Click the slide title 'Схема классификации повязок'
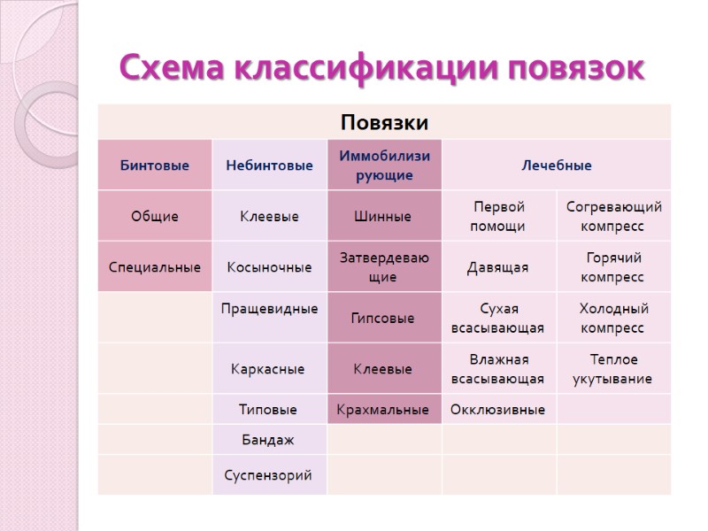(382, 67)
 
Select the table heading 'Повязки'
(384, 121)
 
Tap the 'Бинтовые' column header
(155, 165)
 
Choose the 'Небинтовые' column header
(269, 165)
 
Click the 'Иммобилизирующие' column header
(384, 165)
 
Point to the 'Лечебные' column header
(556, 165)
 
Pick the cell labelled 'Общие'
(155, 216)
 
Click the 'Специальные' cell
(155, 266)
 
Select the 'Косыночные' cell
(269, 266)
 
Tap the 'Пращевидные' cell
(269, 309)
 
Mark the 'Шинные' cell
(383, 216)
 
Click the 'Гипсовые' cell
(383, 318)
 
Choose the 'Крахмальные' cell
(383, 410)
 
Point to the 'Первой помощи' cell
(499, 216)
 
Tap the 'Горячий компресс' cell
(612, 266)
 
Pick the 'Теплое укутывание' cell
(612, 369)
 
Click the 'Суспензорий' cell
(269, 475)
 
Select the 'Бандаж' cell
(268, 439)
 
